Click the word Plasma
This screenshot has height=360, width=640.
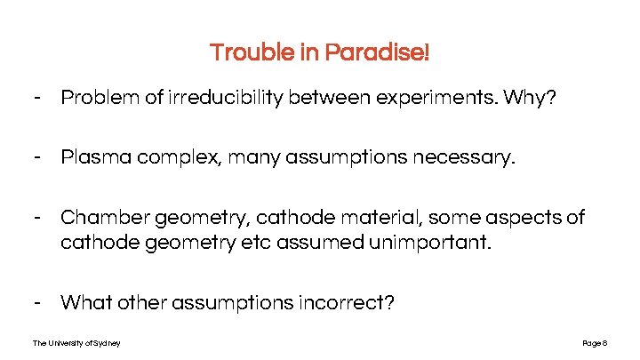[92, 158]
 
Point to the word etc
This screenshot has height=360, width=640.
[252, 242]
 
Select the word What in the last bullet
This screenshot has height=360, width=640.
[86, 302]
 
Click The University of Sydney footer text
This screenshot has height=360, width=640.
[76, 343]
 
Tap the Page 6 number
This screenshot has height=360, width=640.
[594, 343]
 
